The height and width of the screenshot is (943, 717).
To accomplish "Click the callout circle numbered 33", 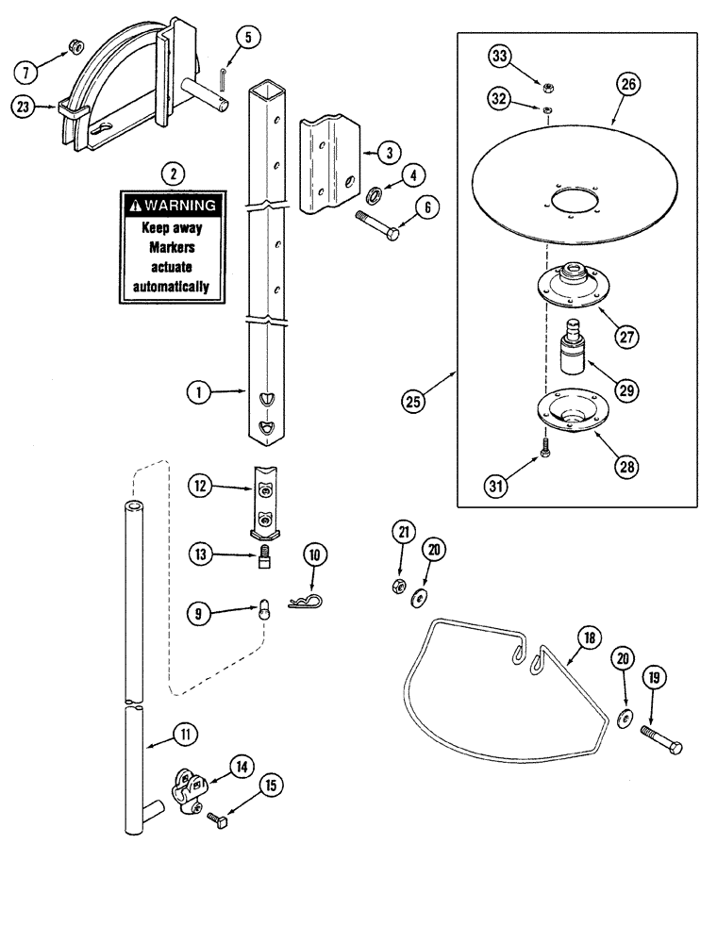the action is tap(499, 57).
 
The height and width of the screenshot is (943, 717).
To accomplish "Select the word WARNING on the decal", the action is tap(180, 205).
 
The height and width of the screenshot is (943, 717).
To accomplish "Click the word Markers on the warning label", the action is tap(172, 247).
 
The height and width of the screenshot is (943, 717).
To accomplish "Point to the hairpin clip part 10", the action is tap(305, 601).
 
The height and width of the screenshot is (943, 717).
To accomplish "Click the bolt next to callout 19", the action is tap(661, 739).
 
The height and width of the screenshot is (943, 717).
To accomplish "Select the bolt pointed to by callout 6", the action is tap(377, 225).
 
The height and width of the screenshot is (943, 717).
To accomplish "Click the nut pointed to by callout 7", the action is tap(76, 45).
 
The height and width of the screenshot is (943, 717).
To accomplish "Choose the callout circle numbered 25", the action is tap(412, 401).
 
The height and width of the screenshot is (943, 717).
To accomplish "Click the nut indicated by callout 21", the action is tap(397, 586).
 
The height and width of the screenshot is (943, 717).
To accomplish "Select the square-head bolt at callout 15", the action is tap(218, 820).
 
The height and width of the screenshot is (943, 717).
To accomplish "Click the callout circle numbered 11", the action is tap(185, 735).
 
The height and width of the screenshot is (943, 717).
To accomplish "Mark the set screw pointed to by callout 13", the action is tap(263, 557).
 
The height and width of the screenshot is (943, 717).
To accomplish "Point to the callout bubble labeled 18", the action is tap(590, 637).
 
